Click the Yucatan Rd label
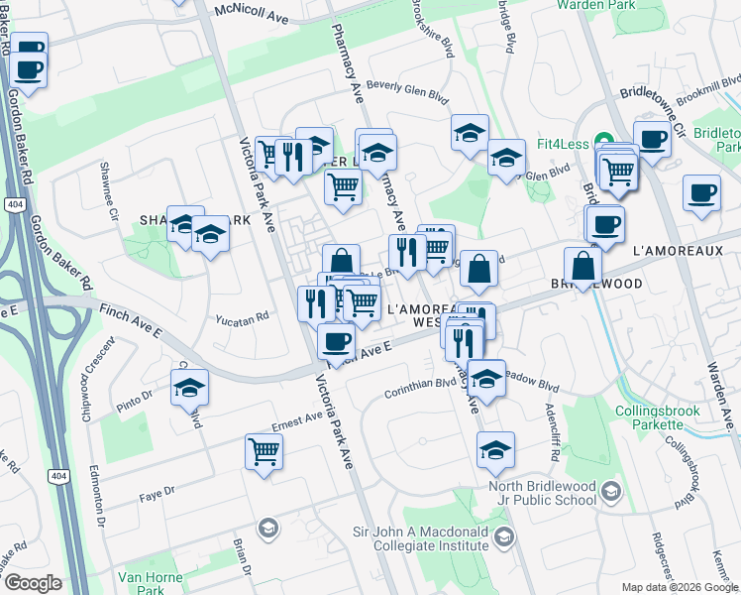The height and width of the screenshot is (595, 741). tap(243, 318)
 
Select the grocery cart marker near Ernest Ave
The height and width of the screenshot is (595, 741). tap(265, 451)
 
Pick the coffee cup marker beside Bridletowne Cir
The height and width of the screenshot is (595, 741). tap(652, 140)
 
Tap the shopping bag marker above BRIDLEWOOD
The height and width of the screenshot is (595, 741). tap(583, 266)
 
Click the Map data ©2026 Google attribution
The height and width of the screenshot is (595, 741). tap(679, 587)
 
